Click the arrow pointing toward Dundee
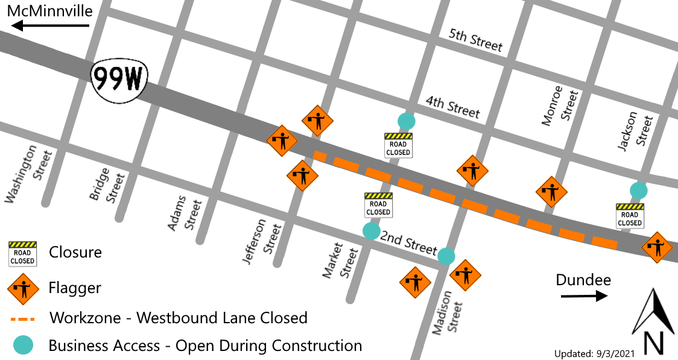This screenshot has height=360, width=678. point(583,295)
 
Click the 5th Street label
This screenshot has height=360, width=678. point(475,39)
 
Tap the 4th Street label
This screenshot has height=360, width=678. point(452,107)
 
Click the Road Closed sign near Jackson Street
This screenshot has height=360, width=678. point(630,215)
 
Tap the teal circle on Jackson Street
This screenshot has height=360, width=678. point(639,191)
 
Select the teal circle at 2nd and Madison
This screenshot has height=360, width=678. point(446,256)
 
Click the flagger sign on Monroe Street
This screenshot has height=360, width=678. point(551,192)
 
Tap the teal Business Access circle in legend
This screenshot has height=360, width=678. point(23,345)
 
